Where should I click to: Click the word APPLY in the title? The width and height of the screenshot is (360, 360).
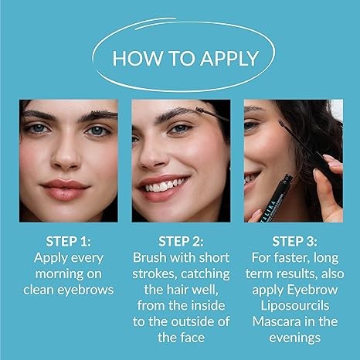[x=229, y=58]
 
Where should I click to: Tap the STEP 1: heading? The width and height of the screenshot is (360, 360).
[x=68, y=241]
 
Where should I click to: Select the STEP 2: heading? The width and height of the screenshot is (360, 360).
[x=181, y=241]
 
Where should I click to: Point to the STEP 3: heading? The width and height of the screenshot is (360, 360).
[x=294, y=241]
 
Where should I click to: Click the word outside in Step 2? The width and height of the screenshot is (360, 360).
[x=193, y=321]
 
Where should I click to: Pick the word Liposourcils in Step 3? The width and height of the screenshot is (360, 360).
[x=295, y=306]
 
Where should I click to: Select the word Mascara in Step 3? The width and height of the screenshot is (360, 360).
[x=273, y=321]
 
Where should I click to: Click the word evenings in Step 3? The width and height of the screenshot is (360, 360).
[x=295, y=338]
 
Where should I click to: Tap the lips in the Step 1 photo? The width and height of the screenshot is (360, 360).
[x=65, y=189]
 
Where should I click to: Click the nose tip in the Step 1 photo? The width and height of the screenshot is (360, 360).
[x=66, y=161]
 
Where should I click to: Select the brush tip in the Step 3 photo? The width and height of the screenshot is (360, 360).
[x=282, y=124]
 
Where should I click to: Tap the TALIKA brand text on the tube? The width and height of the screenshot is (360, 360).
[x=270, y=211]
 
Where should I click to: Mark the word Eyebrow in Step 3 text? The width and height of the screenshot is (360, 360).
[x=312, y=290]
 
